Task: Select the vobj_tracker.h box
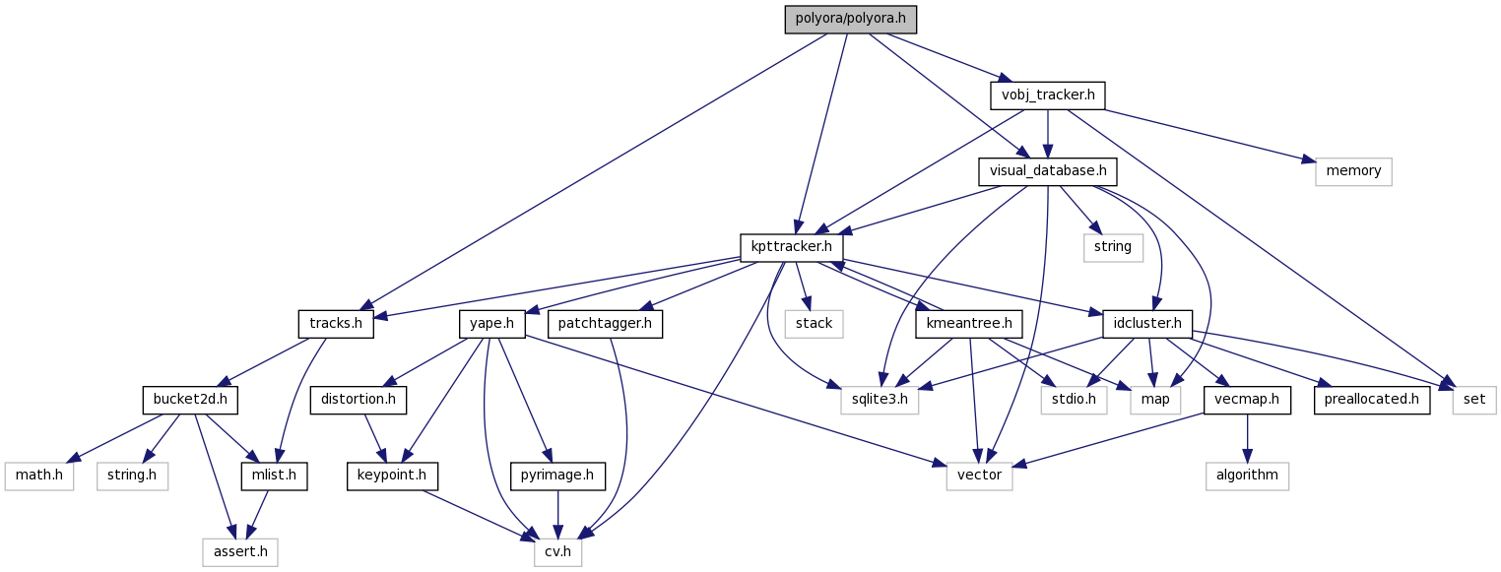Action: (x=1047, y=95)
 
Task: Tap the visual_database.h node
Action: (x=1047, y=171)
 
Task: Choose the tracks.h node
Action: (x=336, y=323)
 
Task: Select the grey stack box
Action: (x=814, y=323)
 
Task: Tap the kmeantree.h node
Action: (x=970, y=323)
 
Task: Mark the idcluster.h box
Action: (x=1142, y=323)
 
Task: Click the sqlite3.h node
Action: (x=880, y=400)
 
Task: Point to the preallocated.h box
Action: (x=1371, y=400)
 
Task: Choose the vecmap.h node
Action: (x=1247, y=400)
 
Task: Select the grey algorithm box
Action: (x=1247, y=476)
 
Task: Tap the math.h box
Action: (x=39, y=476)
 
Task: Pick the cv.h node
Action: (x=558, y=551)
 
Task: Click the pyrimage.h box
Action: (x=557, y=476)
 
